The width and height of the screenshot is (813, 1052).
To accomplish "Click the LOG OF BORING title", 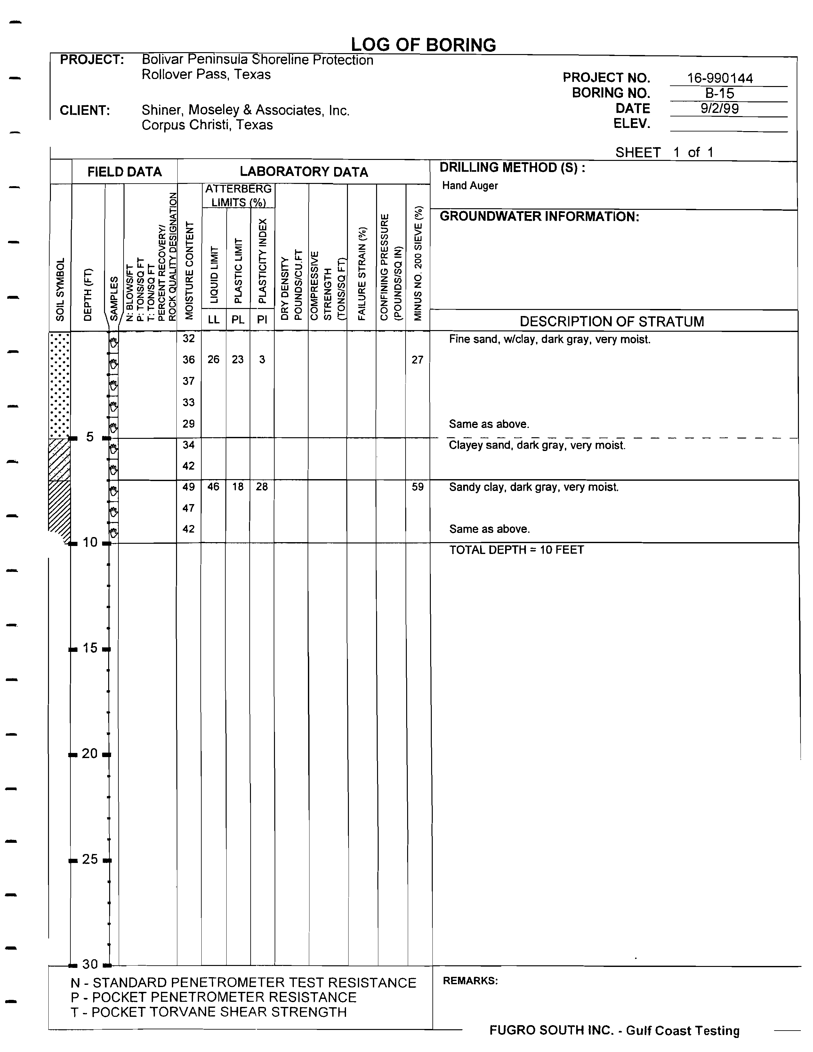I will coord(423,45).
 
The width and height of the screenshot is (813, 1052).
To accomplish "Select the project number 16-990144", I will coord(720,78).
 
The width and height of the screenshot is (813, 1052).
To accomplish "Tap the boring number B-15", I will coord(720,93).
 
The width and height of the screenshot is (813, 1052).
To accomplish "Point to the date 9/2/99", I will coord(720,108).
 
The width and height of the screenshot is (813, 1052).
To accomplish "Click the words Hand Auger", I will coord(470,186).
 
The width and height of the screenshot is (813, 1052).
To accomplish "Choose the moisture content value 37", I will coord(189,381).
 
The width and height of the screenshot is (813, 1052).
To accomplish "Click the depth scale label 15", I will coord(90,648).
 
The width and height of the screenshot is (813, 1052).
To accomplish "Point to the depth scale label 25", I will coord(90,859).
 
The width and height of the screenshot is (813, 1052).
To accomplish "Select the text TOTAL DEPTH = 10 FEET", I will coord(516,550).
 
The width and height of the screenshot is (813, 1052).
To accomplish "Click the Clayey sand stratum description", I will coord(537,445).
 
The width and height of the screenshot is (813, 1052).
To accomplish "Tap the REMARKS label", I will coord(470,981).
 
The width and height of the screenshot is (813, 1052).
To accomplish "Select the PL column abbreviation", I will coord(237,319).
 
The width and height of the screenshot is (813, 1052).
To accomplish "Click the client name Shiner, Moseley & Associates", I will coord(245,110).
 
